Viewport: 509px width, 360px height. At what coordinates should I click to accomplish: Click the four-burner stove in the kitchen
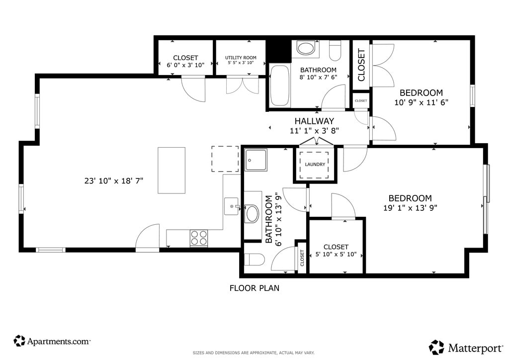(199, 238)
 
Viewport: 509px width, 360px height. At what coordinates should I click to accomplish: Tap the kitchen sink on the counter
(232, 206)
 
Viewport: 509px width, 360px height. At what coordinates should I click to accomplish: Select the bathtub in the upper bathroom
(279, 86)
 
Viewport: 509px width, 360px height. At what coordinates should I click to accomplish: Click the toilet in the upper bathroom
(335, 50)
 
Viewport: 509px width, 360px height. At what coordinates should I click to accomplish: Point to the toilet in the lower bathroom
(254, 260)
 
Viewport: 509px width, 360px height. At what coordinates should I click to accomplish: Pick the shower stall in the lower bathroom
(256, 160)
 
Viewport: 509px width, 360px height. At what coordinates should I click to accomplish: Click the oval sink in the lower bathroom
(252, 214)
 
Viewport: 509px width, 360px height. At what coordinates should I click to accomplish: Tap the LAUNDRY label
(315, 164)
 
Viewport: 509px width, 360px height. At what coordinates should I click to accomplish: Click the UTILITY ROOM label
(241, 58)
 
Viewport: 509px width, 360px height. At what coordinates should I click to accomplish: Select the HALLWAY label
(314, 121)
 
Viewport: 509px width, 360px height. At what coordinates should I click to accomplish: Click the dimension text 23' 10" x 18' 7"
(114, 181)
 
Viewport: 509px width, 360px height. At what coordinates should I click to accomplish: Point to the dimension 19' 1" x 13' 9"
(410, 208)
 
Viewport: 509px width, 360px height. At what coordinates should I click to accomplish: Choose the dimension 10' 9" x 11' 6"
(422, 102)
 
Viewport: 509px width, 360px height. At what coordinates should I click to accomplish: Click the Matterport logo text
(476, 348)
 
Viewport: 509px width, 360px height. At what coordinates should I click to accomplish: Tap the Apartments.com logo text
(59, 342)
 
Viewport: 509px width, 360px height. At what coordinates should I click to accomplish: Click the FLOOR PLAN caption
(254, 288)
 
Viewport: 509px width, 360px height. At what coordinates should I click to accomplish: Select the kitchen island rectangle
(171, 171)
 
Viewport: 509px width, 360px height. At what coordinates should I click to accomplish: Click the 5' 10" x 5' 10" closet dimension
(336, 254)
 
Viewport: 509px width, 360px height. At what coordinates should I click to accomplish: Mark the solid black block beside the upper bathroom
(279, 50)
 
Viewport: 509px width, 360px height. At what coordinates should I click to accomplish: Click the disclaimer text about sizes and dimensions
(254, 353)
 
